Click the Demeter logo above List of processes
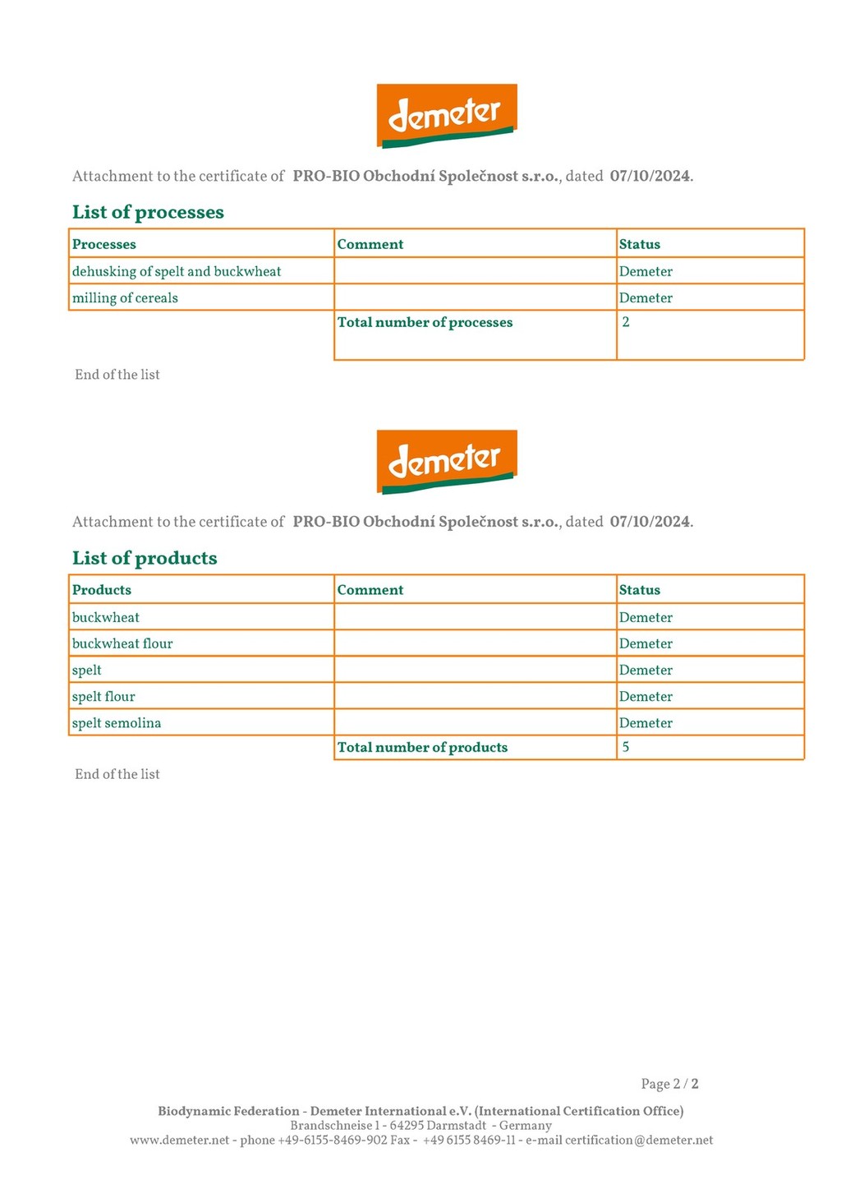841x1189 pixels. tap(446, 115)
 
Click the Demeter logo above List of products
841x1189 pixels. tap(446, 461)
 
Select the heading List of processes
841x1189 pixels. tap(148, 212)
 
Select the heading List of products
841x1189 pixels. tap(145, 558)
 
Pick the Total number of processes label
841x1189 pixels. tap(425, 322)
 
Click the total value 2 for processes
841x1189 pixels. tap(626, 322)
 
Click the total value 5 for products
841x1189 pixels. tap(626, 747)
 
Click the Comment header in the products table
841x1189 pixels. tap(370, 590)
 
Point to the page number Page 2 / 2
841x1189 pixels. tap(669, 1084)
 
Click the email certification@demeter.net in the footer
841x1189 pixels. tap(639, 1140)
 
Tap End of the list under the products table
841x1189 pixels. tap(117, 774)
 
